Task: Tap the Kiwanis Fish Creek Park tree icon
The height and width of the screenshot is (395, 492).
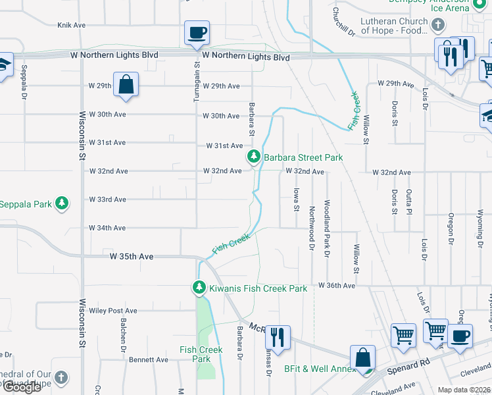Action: (x=199, y=288)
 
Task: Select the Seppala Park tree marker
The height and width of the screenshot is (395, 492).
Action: (x=62, y=203)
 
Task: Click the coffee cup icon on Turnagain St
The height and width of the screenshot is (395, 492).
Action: (x=197, y=33)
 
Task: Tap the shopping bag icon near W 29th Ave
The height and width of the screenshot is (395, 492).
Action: (x=125, y=85)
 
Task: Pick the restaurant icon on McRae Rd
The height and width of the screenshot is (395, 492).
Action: (x=277, y=337)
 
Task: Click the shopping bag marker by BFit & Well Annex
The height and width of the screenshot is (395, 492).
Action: (x=362, y=358)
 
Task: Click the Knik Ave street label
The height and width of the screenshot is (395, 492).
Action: (x=72, y=25)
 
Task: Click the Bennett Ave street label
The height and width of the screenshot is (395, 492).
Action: (x=149, y=359)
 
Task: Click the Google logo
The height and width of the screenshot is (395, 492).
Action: (x=21, y=387)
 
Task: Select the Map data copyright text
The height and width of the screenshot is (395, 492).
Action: (x=464, y=390)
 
